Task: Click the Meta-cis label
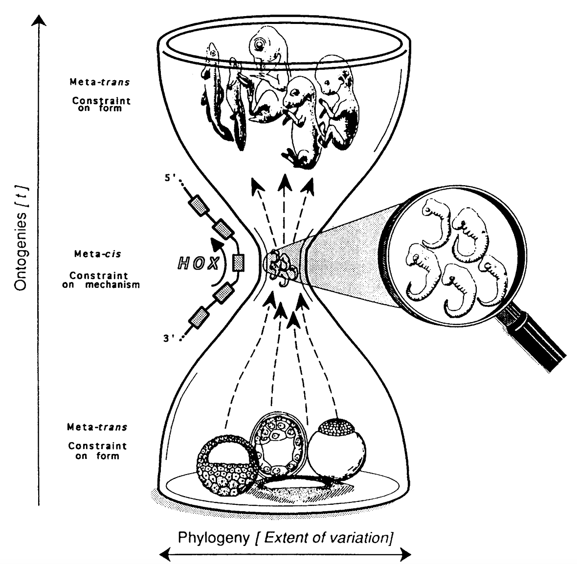click(97, 254)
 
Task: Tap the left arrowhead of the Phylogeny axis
click(164, 554)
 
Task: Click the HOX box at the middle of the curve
click(239, 262)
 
